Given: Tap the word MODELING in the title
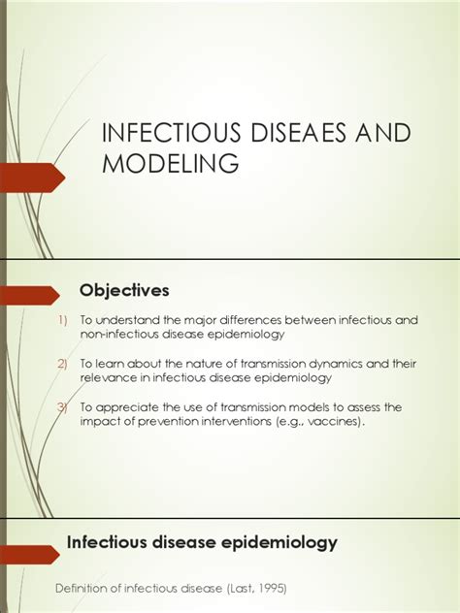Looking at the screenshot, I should pyautogui.click(x=171, y=164).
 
